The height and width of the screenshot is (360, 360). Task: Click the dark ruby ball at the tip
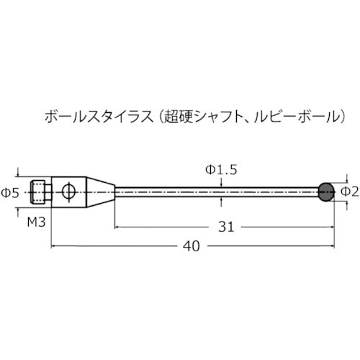(325, 191)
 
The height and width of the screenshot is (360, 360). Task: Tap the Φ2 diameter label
(348, 192)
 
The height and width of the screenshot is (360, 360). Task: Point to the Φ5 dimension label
(10, 192)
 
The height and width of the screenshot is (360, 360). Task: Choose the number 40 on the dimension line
(190, 245)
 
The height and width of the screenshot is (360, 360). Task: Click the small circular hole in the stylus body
(68, 192)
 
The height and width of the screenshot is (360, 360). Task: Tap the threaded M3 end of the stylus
(41, 192)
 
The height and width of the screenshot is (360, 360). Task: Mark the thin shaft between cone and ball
(216, 192)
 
